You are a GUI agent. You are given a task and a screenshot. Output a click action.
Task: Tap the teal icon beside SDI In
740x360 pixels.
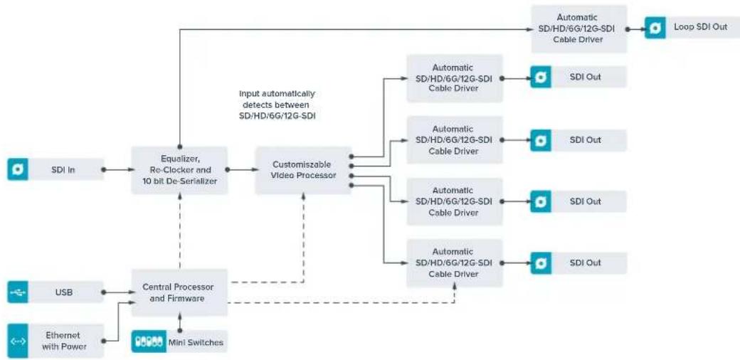[x=18, y=169]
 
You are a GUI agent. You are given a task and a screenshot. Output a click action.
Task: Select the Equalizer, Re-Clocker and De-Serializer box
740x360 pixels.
[x=179, y=170]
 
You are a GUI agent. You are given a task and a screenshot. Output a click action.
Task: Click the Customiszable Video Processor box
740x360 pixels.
[x=303, y=170]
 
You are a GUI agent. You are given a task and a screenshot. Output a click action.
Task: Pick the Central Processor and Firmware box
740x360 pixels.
[x=179, y=292]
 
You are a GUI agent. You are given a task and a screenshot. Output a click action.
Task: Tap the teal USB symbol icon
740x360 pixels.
[x=18, y=292]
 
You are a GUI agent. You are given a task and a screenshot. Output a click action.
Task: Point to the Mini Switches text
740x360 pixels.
[x=196, y=342]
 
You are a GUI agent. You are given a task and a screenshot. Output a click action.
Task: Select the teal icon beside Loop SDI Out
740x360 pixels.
[x=655, y=27]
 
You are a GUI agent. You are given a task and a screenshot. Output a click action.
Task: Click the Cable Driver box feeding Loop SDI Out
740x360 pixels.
[x=579, y=28]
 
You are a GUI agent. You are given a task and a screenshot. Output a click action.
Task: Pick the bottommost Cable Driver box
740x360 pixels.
[x=455, y=263]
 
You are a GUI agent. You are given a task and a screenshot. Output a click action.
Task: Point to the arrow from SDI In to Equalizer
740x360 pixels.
[x=117, y=169]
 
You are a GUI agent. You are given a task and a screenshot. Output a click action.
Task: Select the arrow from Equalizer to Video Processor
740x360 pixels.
[x=241, y=169]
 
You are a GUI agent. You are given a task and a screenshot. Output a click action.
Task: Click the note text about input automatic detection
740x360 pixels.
[x=277, y=105]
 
